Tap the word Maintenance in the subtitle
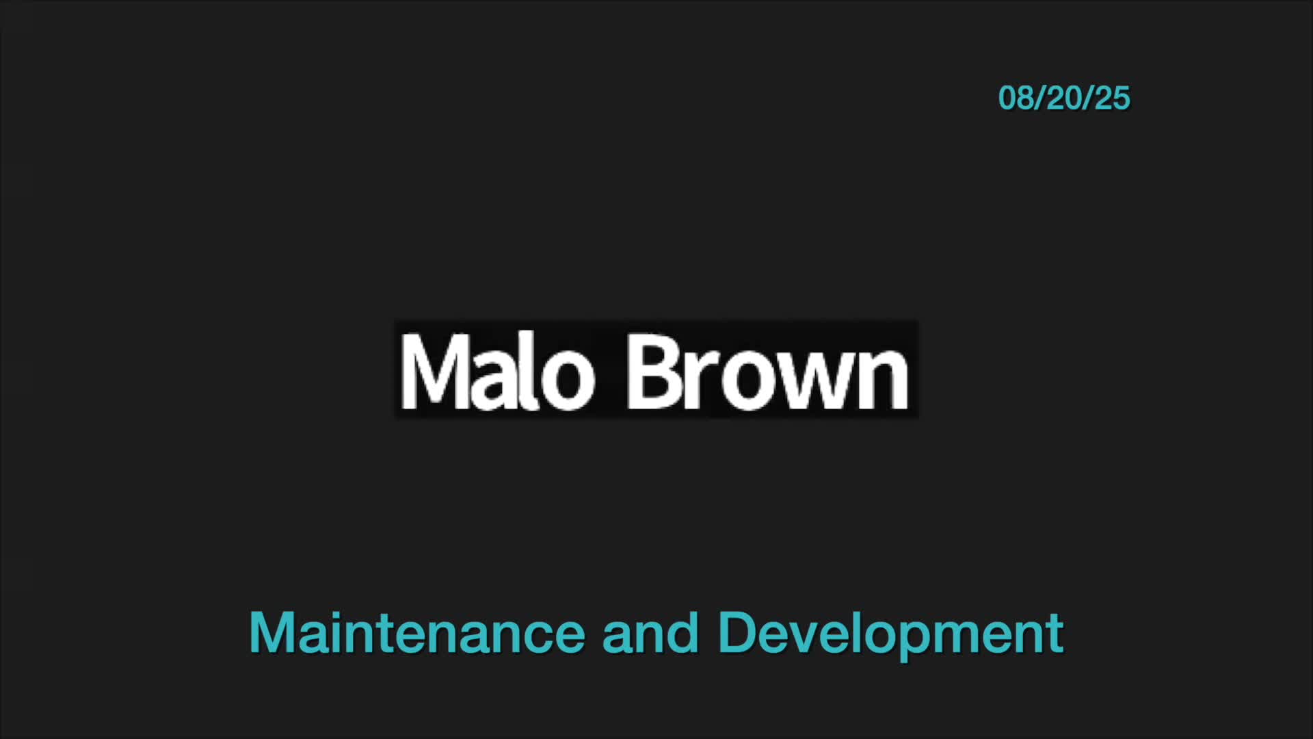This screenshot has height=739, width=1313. pyautogui.click(x=417, y=633)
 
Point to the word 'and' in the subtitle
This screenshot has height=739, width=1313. pyautogui.click(x=650, y=633)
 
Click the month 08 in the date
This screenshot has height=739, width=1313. pyautogui.click(x=1015, y=98)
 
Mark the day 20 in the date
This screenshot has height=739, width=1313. pyautogui.click(x=1063, y=98)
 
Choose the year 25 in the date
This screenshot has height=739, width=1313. pyautogui.click(x=1113, y=98)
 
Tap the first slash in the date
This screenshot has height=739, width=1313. pyautogui.click(x=1039, y=98)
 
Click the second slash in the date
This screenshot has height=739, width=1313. pyautogui.click(x=1088, y=98)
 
